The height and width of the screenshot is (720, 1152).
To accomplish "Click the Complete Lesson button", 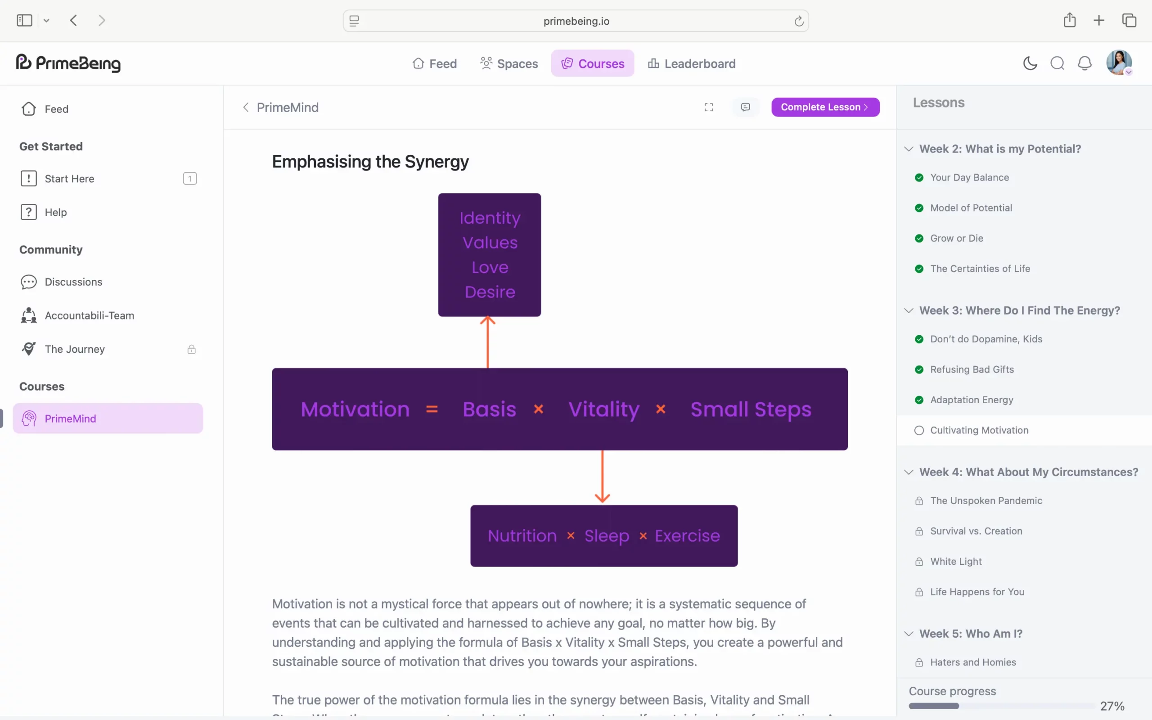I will (825, 107).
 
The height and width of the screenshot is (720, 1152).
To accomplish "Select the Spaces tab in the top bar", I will (509, 63).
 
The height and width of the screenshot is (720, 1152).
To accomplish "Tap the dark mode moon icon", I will (1030, 63).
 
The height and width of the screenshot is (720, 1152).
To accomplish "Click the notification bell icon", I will (1084, 63).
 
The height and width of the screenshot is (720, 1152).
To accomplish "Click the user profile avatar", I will (1118, 63).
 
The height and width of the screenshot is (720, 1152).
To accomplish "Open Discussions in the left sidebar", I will (73, 282).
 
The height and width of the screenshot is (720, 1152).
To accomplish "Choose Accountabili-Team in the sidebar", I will (89, 315).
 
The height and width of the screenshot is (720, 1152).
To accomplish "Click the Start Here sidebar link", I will (69, 179).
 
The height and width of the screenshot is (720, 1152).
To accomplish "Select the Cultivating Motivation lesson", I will (979, 431).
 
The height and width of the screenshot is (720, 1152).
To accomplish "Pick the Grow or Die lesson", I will (956, 238).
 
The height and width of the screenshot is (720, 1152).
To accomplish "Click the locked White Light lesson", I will (955, 562).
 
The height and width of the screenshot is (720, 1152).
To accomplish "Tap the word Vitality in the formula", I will (603, 409).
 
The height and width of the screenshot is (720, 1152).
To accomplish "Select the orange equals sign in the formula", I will (432, 409).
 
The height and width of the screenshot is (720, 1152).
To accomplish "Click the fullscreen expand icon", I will (708, 107).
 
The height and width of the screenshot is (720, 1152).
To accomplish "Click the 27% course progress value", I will (1112, 706).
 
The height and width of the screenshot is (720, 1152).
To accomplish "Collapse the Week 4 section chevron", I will (909, 472).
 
